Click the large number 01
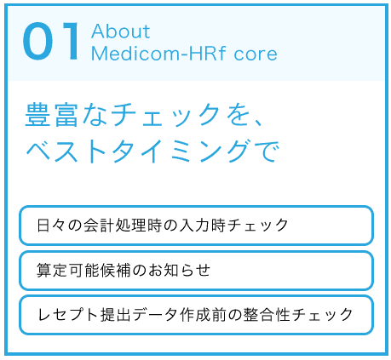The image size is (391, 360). coord(51,42)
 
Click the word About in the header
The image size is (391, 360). coord(120,31)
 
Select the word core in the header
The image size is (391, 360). coord(256,54)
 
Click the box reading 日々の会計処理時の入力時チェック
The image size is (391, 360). coord(196,226)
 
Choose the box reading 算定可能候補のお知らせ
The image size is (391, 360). coord(196,271)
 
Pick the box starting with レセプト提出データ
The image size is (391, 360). coord(196,315)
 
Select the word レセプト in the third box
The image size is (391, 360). coord(70,315)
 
